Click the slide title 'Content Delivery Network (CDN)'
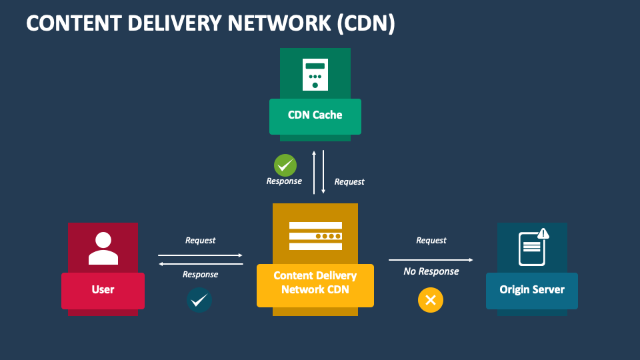[x=211, y=23]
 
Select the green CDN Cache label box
[x=315, y=116]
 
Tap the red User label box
[x=103, y=290]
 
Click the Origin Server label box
[x=531, y=290]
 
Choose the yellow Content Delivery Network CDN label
[x=315, y=283]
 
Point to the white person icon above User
[x=103, y=249]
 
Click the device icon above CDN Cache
[x=315, y=74]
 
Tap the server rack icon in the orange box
[x=315, y=236]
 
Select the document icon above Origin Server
[x=531, y=248]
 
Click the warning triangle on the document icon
[x=543, y=233]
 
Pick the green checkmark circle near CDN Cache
[x=285, y=165]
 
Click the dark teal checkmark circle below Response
[x=199, y=301]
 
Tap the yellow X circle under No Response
[x=431, y=300]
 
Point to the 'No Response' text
[x=431, y=271]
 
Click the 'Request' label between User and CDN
[x=200, y=241]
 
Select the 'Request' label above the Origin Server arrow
[x=431, y=241]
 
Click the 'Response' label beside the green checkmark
[x=284, y=181]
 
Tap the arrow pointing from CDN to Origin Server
[x=431, y=260]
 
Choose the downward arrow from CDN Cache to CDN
[x=323, y=172]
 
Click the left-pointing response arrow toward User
[x=200, y=264]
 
